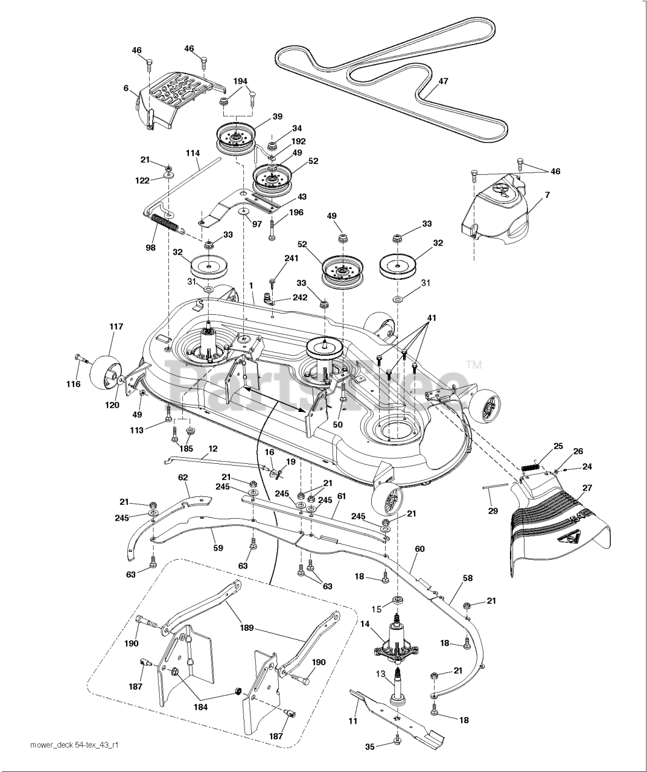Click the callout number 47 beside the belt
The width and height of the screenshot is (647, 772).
tap(443, 81)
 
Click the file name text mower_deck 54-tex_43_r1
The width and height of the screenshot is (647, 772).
tap(74, 745)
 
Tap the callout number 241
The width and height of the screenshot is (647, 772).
tap(292, 259)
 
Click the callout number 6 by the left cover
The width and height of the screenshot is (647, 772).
tap(126, 88)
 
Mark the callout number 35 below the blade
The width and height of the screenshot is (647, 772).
tap(370, 747)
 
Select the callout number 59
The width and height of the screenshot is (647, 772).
tap(218, 548)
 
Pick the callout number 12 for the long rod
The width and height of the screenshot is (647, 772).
tap(212, 449)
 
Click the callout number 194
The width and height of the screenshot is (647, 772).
tap(240, 81)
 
